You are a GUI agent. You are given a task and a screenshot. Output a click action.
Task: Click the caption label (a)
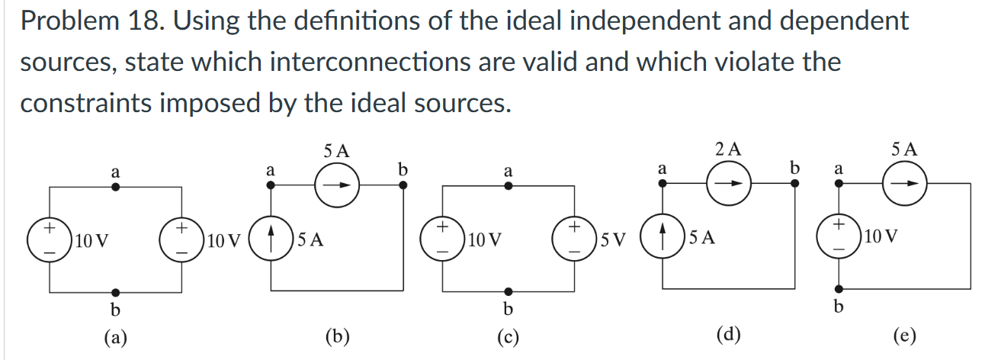[x=115, y=336]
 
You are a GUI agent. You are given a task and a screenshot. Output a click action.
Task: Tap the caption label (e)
[x=906, y=335]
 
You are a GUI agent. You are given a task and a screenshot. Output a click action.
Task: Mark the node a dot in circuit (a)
[x=115, y=185]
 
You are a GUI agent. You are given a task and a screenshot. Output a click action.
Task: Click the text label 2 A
[x=728, y=150]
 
